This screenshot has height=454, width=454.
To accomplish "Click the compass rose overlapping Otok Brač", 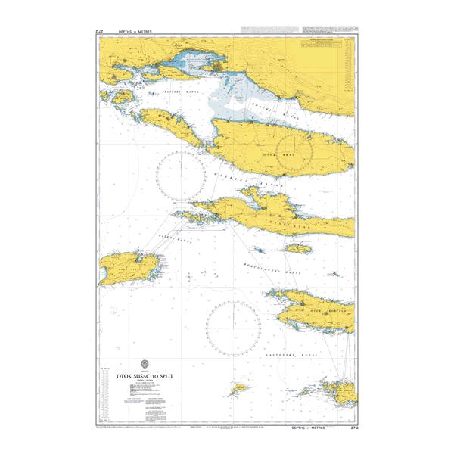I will (x=295, y=151).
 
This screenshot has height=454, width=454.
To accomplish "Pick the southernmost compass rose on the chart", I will (x=233, y=326).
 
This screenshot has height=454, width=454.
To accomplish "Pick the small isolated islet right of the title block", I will (x=239, y=388).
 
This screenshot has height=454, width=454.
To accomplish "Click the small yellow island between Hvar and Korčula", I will (x=298, y=248).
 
